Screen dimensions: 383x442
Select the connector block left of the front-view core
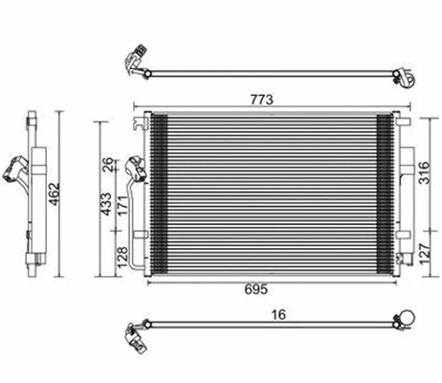(137, 170)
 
